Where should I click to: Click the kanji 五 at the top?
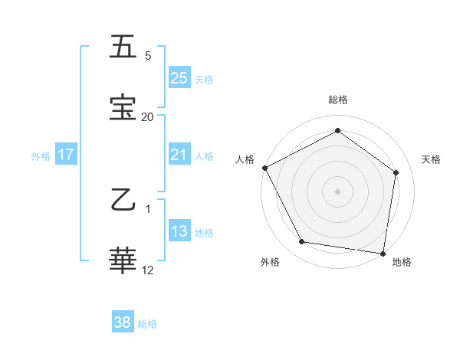tap(123, 47)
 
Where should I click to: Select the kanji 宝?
tap(123, 107)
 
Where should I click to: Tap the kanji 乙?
tap(123, 201)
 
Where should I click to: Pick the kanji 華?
tap(123, 261)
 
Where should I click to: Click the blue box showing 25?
tap(179, 77)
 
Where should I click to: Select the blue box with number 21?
tap(179, 155)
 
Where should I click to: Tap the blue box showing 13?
tap(179, 231)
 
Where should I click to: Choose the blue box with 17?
tap(66, 155)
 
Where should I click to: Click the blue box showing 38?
tap(123, 322)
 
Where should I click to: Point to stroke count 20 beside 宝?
tap(147, 117)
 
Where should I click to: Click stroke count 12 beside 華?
tap(148, 270)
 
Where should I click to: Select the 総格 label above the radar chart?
tap(338, 100)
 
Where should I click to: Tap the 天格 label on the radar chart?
tap(432, 159)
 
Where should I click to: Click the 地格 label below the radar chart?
tap(402, 262)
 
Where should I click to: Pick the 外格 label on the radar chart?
tap(270, 262)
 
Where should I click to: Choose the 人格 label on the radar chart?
tap(245, 159)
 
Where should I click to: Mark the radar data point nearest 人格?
tap(264, 168)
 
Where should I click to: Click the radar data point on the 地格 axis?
tap(383, 253)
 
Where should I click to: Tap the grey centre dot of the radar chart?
tap(338, 191)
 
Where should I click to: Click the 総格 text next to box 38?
tap(147, 324)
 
